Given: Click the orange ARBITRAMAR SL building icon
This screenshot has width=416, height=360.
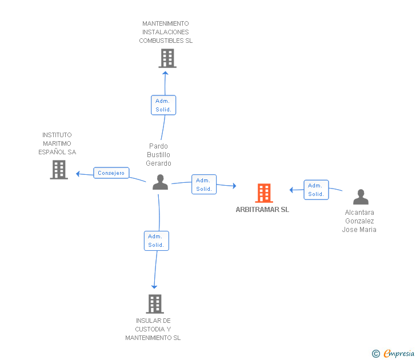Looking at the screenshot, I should click(x=263, y=193).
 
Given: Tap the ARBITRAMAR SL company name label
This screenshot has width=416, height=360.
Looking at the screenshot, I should click(x=262, y=210).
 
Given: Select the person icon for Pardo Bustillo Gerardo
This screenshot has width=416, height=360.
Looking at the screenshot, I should click(x=161, y=182).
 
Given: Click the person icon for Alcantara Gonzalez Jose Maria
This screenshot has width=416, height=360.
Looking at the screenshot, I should click(x=361, y=197).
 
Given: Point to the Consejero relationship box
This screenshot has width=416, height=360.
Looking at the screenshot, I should click(x=111, y=173).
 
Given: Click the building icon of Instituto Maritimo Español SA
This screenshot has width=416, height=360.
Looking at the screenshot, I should click(x=59, y=170).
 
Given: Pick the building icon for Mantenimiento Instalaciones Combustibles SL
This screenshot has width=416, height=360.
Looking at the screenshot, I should click(x=167, y=58).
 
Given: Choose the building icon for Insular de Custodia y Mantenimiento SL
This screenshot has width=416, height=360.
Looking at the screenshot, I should click(x=155, y=303).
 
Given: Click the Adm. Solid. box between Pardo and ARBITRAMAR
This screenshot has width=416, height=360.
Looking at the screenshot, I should click(x=204, y=185).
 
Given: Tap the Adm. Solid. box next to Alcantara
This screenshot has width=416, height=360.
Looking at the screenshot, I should click(x=316, y=190).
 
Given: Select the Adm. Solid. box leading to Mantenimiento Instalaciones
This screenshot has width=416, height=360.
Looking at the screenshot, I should click(x=163, y=105).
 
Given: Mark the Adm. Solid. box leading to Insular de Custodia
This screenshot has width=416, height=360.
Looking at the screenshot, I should click(x=156, y=241).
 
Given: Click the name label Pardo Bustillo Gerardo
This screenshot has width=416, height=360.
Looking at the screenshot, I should click(x=159, y=155).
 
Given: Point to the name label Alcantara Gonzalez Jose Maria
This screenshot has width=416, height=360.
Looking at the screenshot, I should click(x=359, y=221).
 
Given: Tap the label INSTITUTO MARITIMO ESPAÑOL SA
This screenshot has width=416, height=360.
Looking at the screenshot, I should click(x=57, y=143).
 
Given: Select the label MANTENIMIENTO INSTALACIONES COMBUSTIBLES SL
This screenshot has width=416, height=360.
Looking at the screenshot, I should click(x=166, y=32).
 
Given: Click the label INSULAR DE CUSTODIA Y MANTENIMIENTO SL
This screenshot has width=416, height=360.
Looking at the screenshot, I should click(x=153, y=329).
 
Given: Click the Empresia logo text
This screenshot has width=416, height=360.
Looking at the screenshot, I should click(x=399, y=354).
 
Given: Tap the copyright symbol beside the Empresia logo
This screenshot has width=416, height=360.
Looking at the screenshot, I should click(x=376, y=354).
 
